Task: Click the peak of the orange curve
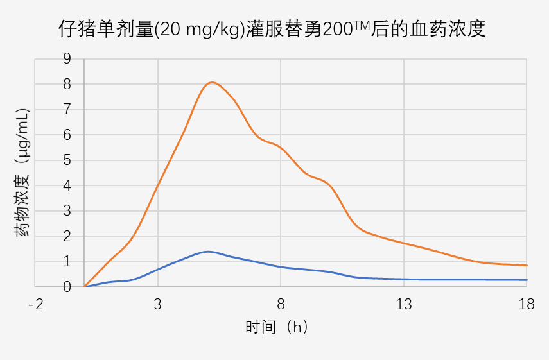[212, 82]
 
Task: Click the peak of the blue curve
[207, 252]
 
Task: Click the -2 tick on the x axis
[36, 305]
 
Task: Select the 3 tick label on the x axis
[158, 305]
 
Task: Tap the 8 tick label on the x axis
[281, 305]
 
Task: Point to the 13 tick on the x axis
[404, 305]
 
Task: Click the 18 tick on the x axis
[527, 305]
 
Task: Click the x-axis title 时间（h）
[277, 327]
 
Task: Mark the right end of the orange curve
[527, 265]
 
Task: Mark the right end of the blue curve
[527, 280]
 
